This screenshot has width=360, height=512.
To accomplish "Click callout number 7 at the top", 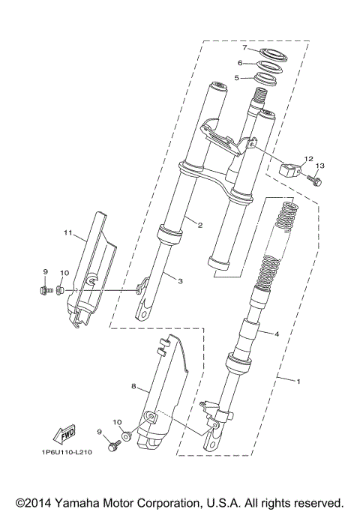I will click(x=244, y=48).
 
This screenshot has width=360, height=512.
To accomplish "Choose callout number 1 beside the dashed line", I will click(x=298, y=382).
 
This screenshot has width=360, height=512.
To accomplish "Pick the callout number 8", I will click(x=133, y=387).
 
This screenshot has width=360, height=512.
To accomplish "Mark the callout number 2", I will click(x=200, y=223).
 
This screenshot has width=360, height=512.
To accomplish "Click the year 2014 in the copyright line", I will click(x=34, y=502).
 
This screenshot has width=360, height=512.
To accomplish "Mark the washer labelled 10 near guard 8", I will click(x=126, y=436).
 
